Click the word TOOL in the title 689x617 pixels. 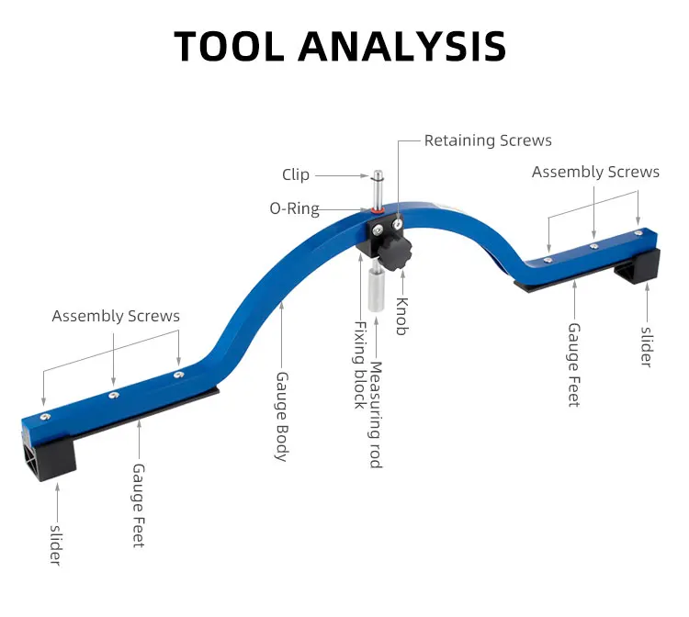230,46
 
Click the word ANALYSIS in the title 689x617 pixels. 402,46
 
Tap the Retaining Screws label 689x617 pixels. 488,140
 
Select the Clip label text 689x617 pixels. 296,174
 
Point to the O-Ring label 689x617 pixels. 294,208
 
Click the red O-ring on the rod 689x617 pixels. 377,210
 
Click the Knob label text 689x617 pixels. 402,316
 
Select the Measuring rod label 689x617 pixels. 376,415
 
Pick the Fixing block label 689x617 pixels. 360,365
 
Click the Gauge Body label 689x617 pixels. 281,417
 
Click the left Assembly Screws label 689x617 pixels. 116,316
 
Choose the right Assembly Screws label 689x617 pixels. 595,172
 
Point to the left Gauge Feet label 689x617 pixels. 139,506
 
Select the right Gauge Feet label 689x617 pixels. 574,365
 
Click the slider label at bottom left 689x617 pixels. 55,545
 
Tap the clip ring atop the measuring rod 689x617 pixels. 378,177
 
